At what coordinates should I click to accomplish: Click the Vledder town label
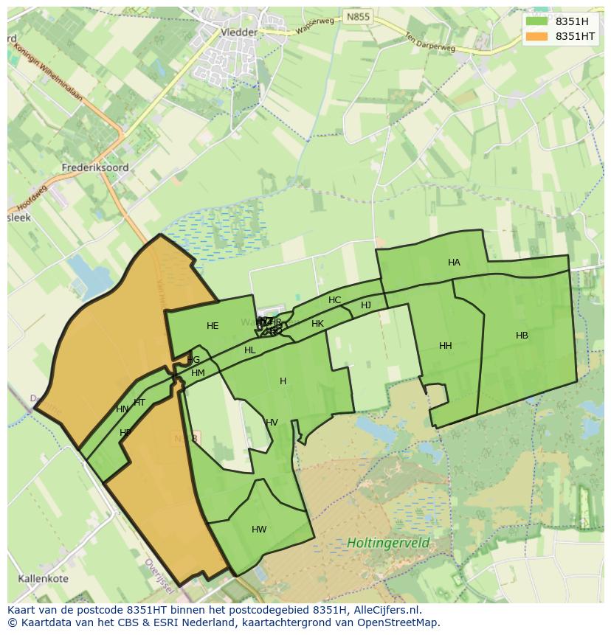click(x=239, y=32)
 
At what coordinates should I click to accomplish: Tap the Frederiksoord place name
click(x=96, y=167)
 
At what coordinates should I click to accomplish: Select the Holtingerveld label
click(x=388, y=544)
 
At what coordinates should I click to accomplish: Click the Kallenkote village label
click(x=44, y=579)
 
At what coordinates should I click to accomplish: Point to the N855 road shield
click(x=359, y=16)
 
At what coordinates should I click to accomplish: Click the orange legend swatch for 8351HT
click(x=537, y=36)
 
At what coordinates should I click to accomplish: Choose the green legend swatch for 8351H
click(x=537, y=21)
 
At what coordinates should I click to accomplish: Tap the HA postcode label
click(x=454, y=263)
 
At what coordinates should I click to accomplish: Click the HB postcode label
click(x=522, y=336)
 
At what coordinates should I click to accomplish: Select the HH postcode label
click(x=445, y=346)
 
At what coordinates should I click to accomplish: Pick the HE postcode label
click(x=213, y=326)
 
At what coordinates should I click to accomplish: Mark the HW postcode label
click(x=259, y=530)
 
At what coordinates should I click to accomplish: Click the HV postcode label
click(x=272, y=423)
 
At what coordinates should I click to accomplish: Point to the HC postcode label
click(x=334, y=300)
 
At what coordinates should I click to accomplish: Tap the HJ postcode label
click(x=366, y=305)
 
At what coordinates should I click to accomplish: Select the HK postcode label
click(x=317, y=324)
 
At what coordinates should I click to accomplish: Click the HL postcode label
click(x=249, y=350)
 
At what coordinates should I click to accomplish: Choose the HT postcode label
click(x=139, y=403)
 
